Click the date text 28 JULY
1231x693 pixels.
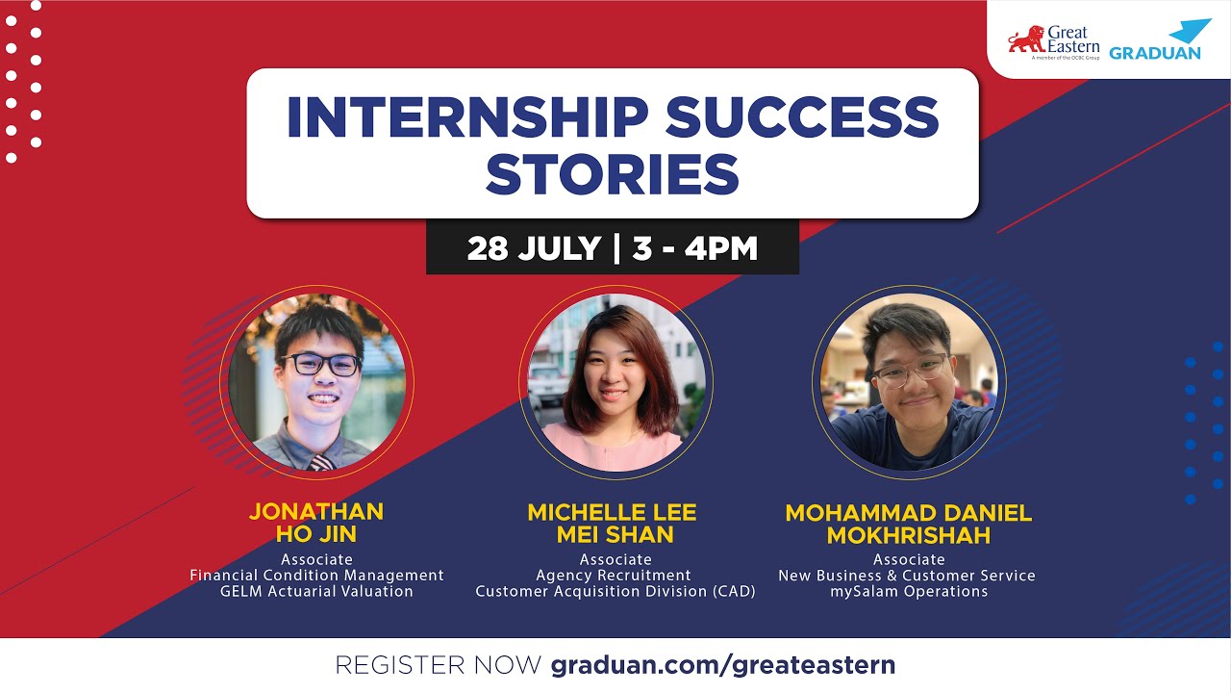tap(534, 248)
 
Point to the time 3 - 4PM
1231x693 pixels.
tap(695, 248)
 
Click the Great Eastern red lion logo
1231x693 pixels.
tap(1026, 39)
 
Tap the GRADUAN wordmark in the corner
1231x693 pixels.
tap(1154, 53)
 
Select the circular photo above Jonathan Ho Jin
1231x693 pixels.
tap(316, 382)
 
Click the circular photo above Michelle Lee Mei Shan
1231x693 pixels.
tap(616, 382)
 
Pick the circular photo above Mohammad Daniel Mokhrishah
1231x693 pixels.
tap(909, 382)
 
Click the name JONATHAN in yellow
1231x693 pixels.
tap(316, 511)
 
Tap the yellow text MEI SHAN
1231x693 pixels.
tap(615, 534)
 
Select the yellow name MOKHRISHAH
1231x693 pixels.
tap(908, 535)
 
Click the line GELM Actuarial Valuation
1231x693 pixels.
tap(316, 591)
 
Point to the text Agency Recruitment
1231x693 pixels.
tap(615, 576)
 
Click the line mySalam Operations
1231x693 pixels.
tap(909, 591)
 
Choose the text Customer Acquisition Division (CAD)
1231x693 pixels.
tap(615, 591)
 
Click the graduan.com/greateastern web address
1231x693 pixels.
tap(723, 664)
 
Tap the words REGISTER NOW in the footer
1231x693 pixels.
tap(438, 664)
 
